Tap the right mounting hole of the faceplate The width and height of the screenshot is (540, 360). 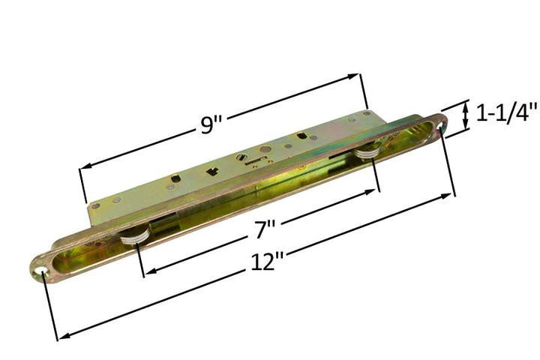pos(440,121)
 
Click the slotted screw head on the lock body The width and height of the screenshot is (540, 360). pos(241,157)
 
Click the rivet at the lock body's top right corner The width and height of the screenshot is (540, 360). pos(366,114)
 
